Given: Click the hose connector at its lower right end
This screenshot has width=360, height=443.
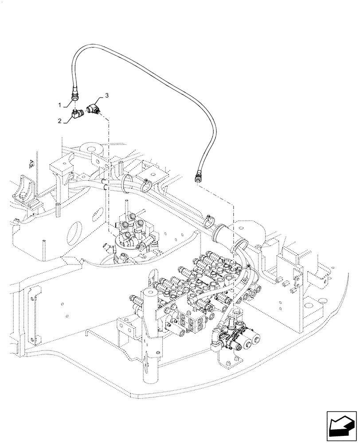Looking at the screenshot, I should tap(198, 178).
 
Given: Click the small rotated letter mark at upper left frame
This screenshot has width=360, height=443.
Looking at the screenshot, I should tap(30, 163).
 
